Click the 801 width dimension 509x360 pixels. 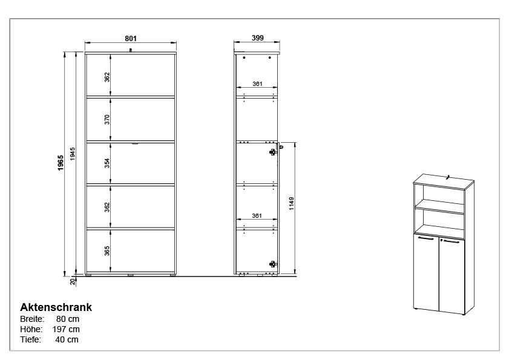click(x=131, y=38)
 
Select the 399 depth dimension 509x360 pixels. click(x=257, y=38)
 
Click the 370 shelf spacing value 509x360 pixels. click(x=107, y=119)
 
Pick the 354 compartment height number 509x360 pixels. click(x=107, y=163)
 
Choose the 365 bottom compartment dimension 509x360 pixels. click(x=107, y=250)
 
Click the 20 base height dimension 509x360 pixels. click(x=73, y=281)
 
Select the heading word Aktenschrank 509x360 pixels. click(x=56, y=307)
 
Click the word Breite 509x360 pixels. click(x=31, y=319)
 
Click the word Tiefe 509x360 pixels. click(x=30, y=339)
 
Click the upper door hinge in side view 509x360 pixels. click(x=273, y=151)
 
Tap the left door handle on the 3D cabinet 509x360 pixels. click(x=426, y=238)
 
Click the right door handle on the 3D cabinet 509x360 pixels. click(x=451, y=241)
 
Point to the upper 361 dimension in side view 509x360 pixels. click(x=257, y=84)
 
